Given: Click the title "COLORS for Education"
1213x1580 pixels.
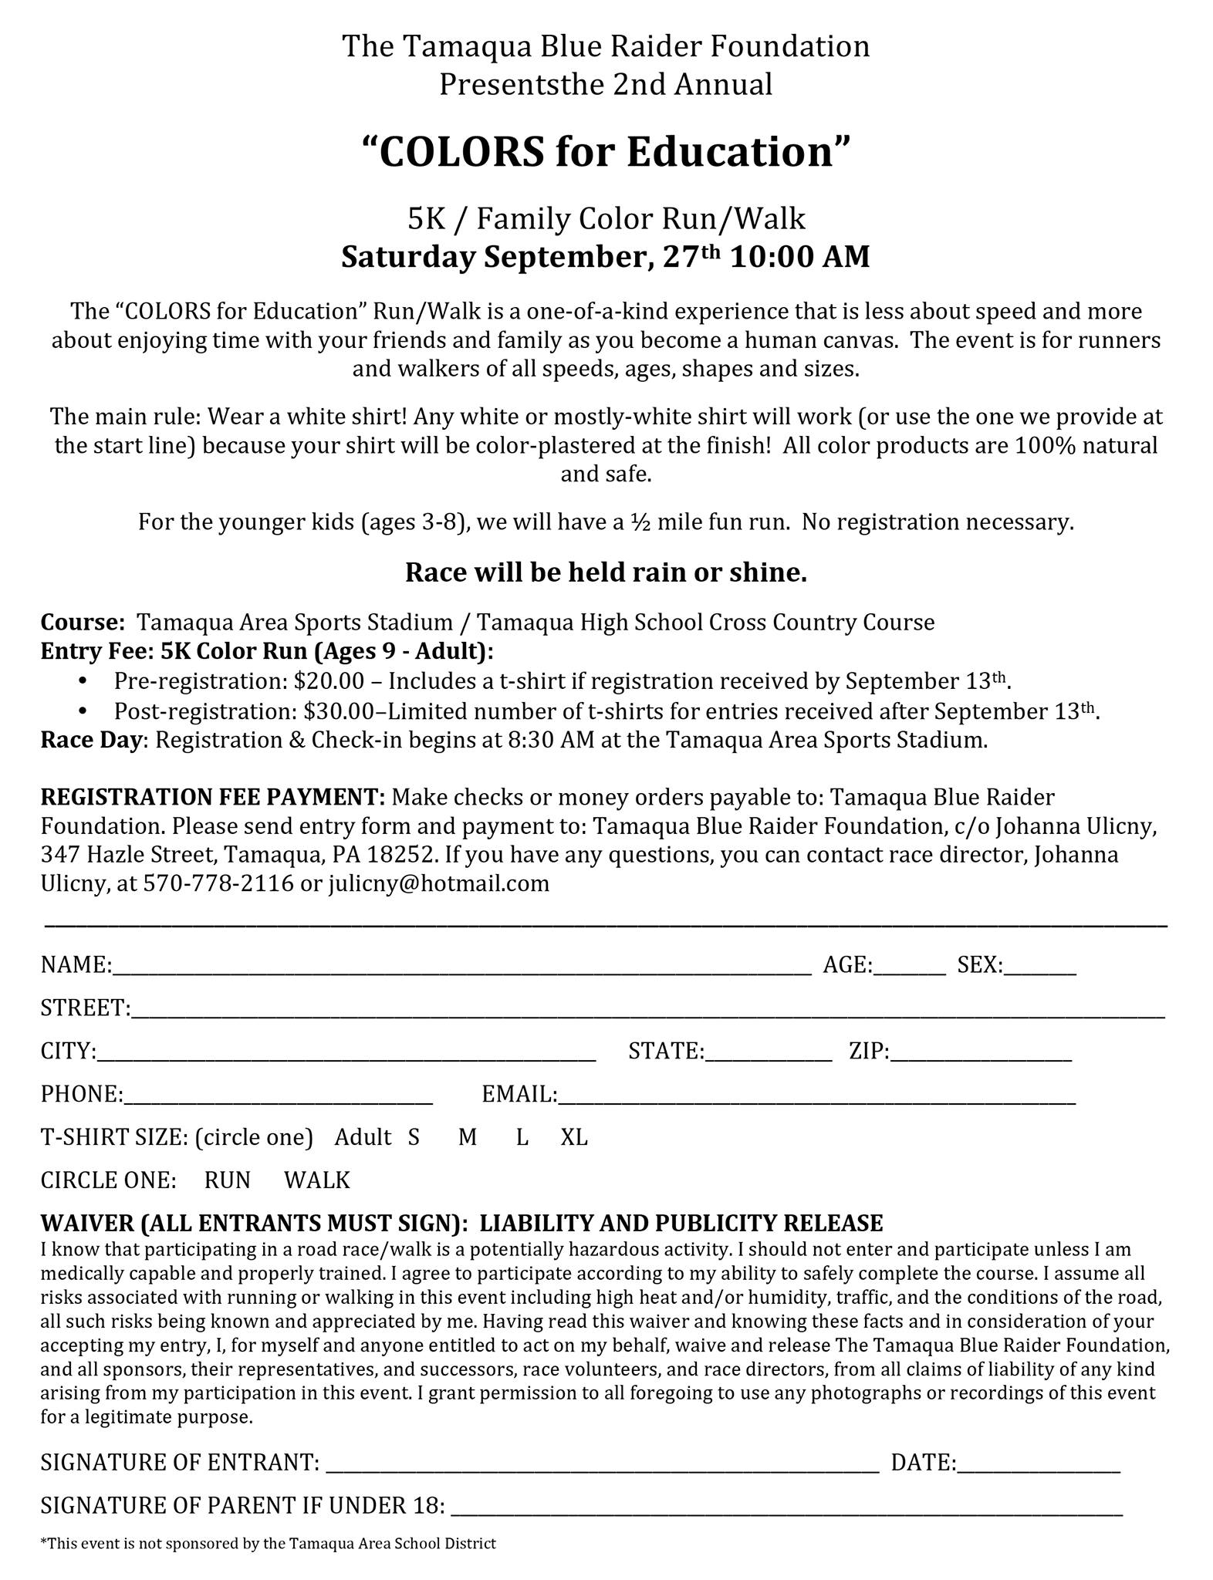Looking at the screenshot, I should [606, 152].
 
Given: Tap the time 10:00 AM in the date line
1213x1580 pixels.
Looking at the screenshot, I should [799, 257].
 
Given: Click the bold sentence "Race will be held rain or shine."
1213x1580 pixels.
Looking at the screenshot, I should [606, 572].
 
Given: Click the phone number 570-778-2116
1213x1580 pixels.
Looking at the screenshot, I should [218, 883].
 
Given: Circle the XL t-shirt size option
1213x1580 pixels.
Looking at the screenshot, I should [574, 1137].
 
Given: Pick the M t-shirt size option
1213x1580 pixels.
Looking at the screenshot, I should [468, 1137].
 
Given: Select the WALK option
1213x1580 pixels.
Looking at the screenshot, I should [317, 1180].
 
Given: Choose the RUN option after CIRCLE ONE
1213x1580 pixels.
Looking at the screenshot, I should [228, 1180].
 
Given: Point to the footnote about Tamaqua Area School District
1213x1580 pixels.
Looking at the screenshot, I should [269, 1544].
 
